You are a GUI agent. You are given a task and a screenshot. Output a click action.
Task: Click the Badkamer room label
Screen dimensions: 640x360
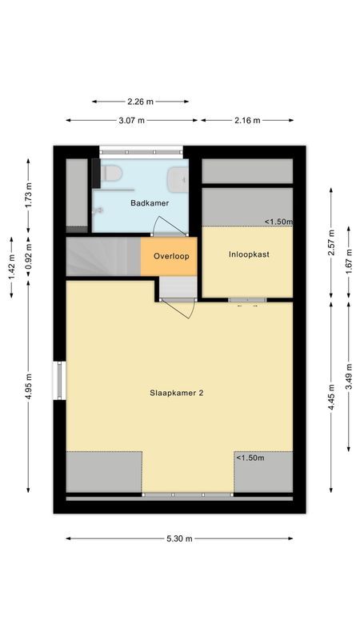[x=150, y=203]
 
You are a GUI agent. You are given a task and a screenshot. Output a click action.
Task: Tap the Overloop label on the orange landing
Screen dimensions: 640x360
[x=170, y=258]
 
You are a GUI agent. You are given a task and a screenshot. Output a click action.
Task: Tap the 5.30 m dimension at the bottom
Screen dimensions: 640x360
[x=180, y=538]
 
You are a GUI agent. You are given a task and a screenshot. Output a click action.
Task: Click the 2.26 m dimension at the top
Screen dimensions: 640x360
[x=140, y=102]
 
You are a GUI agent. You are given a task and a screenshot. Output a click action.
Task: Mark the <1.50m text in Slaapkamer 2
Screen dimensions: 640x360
[x=250, y=458]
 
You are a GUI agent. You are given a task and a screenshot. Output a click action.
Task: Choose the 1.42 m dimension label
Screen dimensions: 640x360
[x=11, y=268]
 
